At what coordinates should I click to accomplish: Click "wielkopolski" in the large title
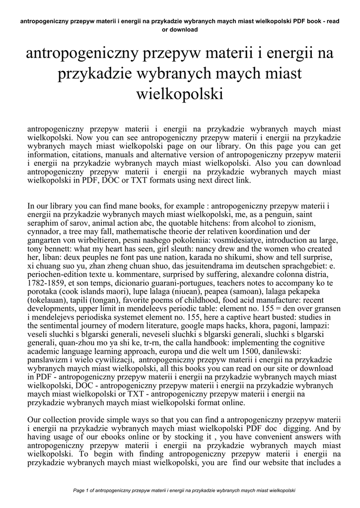(180, 93)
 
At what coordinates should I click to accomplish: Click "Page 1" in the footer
(81, 491)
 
